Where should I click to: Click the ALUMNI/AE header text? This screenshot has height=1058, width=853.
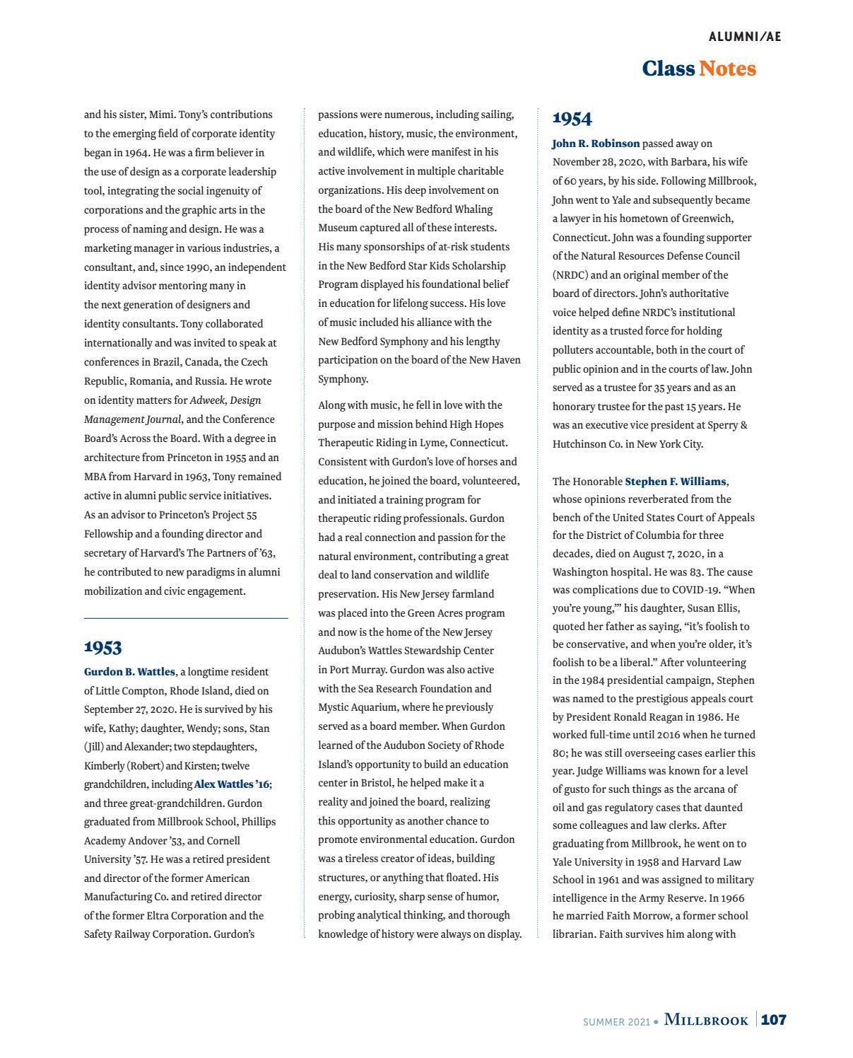click(744, 37)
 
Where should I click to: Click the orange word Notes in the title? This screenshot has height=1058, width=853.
click(727, 69)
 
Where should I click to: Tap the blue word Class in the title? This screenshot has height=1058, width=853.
click(668, 69)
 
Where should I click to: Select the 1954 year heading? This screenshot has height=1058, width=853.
click(572, 118)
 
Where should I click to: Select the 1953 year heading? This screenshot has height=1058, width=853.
click(103, 647)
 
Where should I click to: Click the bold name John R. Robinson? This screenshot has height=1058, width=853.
click(596, 144)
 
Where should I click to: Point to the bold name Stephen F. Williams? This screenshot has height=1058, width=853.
click(676, 482)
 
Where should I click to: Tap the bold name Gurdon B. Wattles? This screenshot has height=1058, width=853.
click(129, 672)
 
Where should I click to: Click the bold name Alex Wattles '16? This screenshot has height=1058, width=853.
click(232, 784)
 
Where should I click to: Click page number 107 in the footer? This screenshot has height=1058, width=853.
click(773, 1020)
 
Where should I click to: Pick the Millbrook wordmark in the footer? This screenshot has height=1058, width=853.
click(705, 1020)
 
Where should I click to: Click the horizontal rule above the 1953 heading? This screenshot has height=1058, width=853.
click(186, 618)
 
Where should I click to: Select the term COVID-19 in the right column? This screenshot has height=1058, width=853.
click(708, 590)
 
